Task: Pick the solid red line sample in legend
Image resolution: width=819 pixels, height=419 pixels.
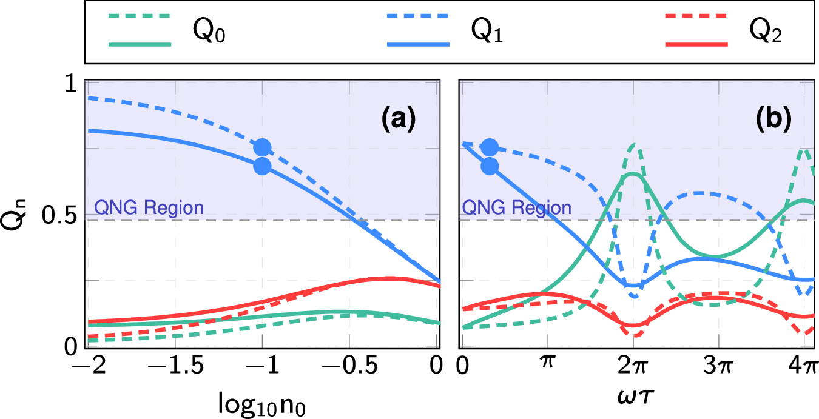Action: point(696,44)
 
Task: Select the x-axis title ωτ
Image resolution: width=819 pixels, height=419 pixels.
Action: point(632,395)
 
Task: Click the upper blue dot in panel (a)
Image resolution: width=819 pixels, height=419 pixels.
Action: point(262,147)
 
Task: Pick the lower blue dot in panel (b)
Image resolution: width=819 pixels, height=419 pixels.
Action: point(489,166)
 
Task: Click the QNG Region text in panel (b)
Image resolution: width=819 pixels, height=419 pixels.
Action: point(517,208)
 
